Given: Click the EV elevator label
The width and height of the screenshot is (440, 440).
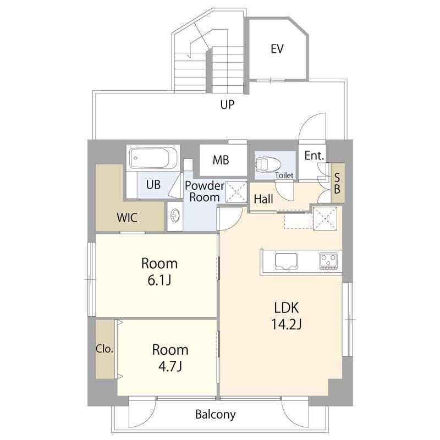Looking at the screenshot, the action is tap(277, 49).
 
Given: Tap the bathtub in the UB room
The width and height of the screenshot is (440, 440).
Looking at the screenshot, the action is tap(153, 158).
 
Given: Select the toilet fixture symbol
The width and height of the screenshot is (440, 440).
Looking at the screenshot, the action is tap(268, 164).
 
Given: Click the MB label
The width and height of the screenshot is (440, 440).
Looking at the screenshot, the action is tap(221, 160).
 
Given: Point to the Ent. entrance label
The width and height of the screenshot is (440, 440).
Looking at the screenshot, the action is tap(314, 156).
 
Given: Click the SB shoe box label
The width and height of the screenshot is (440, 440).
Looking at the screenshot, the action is tap(337, 184).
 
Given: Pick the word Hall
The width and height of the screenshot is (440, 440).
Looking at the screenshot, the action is tap(263, 199).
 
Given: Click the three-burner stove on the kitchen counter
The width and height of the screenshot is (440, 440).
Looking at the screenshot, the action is tap(328, 261).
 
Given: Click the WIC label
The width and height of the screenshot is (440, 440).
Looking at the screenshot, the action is tap(127, 217).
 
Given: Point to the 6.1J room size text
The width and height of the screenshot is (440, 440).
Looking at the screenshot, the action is tap(159, 280).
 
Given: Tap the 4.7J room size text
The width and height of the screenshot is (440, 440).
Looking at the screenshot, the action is tap(170, 366).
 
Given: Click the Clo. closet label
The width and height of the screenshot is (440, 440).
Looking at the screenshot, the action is tap(105, 349).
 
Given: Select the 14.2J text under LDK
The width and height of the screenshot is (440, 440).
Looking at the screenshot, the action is tap(286, 324).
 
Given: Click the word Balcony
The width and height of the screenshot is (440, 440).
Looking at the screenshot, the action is tap(216, 415).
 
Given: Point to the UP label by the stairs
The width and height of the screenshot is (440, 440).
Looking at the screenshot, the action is tap(227, 105).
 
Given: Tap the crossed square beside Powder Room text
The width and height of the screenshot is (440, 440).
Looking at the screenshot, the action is tap(237, 192).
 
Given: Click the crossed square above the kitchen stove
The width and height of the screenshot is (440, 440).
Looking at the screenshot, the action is tap(325, 218).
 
